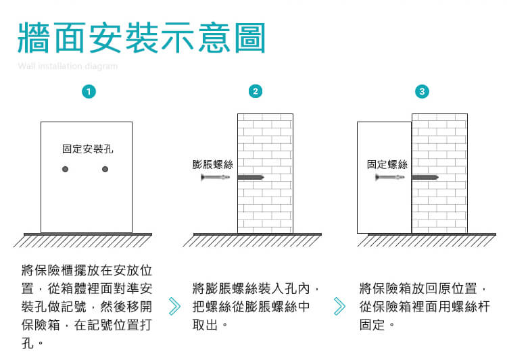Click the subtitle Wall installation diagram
68,66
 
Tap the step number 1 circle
87,91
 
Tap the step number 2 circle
255,91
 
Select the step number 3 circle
423,91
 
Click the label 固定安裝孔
87,149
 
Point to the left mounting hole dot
66,169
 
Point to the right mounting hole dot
105,169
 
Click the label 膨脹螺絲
212,164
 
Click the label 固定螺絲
387,164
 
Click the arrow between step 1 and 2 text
174,306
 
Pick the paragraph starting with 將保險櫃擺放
87,306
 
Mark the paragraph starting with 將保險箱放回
423,306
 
